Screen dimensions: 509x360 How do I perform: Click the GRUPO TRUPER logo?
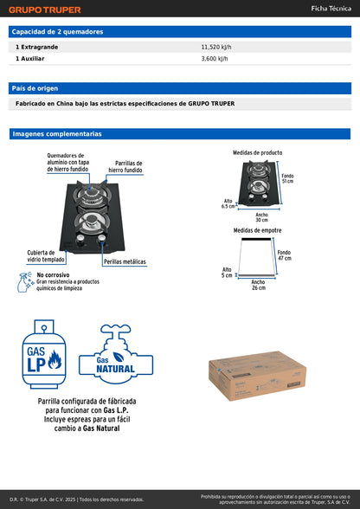(45, 10)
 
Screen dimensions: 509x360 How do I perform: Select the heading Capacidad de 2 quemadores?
(57, 31)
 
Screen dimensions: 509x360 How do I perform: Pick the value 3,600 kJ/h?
(215, 59)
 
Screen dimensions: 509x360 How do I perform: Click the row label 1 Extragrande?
(36, 46)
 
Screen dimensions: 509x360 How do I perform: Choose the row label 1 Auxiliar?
(31, 59)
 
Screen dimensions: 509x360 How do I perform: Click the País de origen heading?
(35, 88)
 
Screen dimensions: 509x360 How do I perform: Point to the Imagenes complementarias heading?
(56, 134)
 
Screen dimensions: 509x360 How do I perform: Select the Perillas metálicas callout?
(125, 261)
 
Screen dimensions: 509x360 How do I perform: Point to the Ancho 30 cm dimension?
(261, 216)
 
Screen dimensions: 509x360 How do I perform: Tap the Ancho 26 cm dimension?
(258, 285)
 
